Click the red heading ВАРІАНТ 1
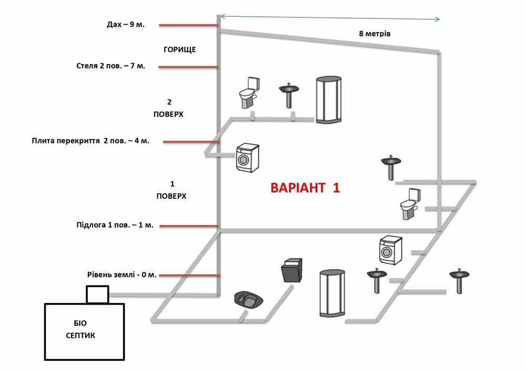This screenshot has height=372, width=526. tap(305, 188)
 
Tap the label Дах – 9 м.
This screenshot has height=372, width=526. tap(125, 25)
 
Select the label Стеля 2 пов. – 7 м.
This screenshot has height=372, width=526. tap(110, 66)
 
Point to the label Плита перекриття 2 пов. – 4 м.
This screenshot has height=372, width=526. tap(90, 141)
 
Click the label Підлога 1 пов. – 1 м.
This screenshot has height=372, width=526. tap(115, 225)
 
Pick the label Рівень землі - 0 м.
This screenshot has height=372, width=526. tap(122, 275)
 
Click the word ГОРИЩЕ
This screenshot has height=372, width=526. tap(180, 49)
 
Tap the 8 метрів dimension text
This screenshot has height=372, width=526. tap(375, 34)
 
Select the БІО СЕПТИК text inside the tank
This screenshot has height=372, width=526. tap(81, 329)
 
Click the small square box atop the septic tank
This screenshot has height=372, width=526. tap(97, 295)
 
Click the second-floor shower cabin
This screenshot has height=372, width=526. tap(328, 100)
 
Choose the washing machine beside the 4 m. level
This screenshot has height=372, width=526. tap(247, 157)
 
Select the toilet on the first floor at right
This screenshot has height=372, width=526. tap(410, 203)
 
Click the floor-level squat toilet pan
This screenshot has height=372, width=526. tap(249, 300)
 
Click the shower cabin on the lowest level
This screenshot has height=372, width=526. tap(332, 293)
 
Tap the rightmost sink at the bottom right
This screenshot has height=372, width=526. tap(459, 280)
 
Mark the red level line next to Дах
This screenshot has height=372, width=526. tap(188, 25)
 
